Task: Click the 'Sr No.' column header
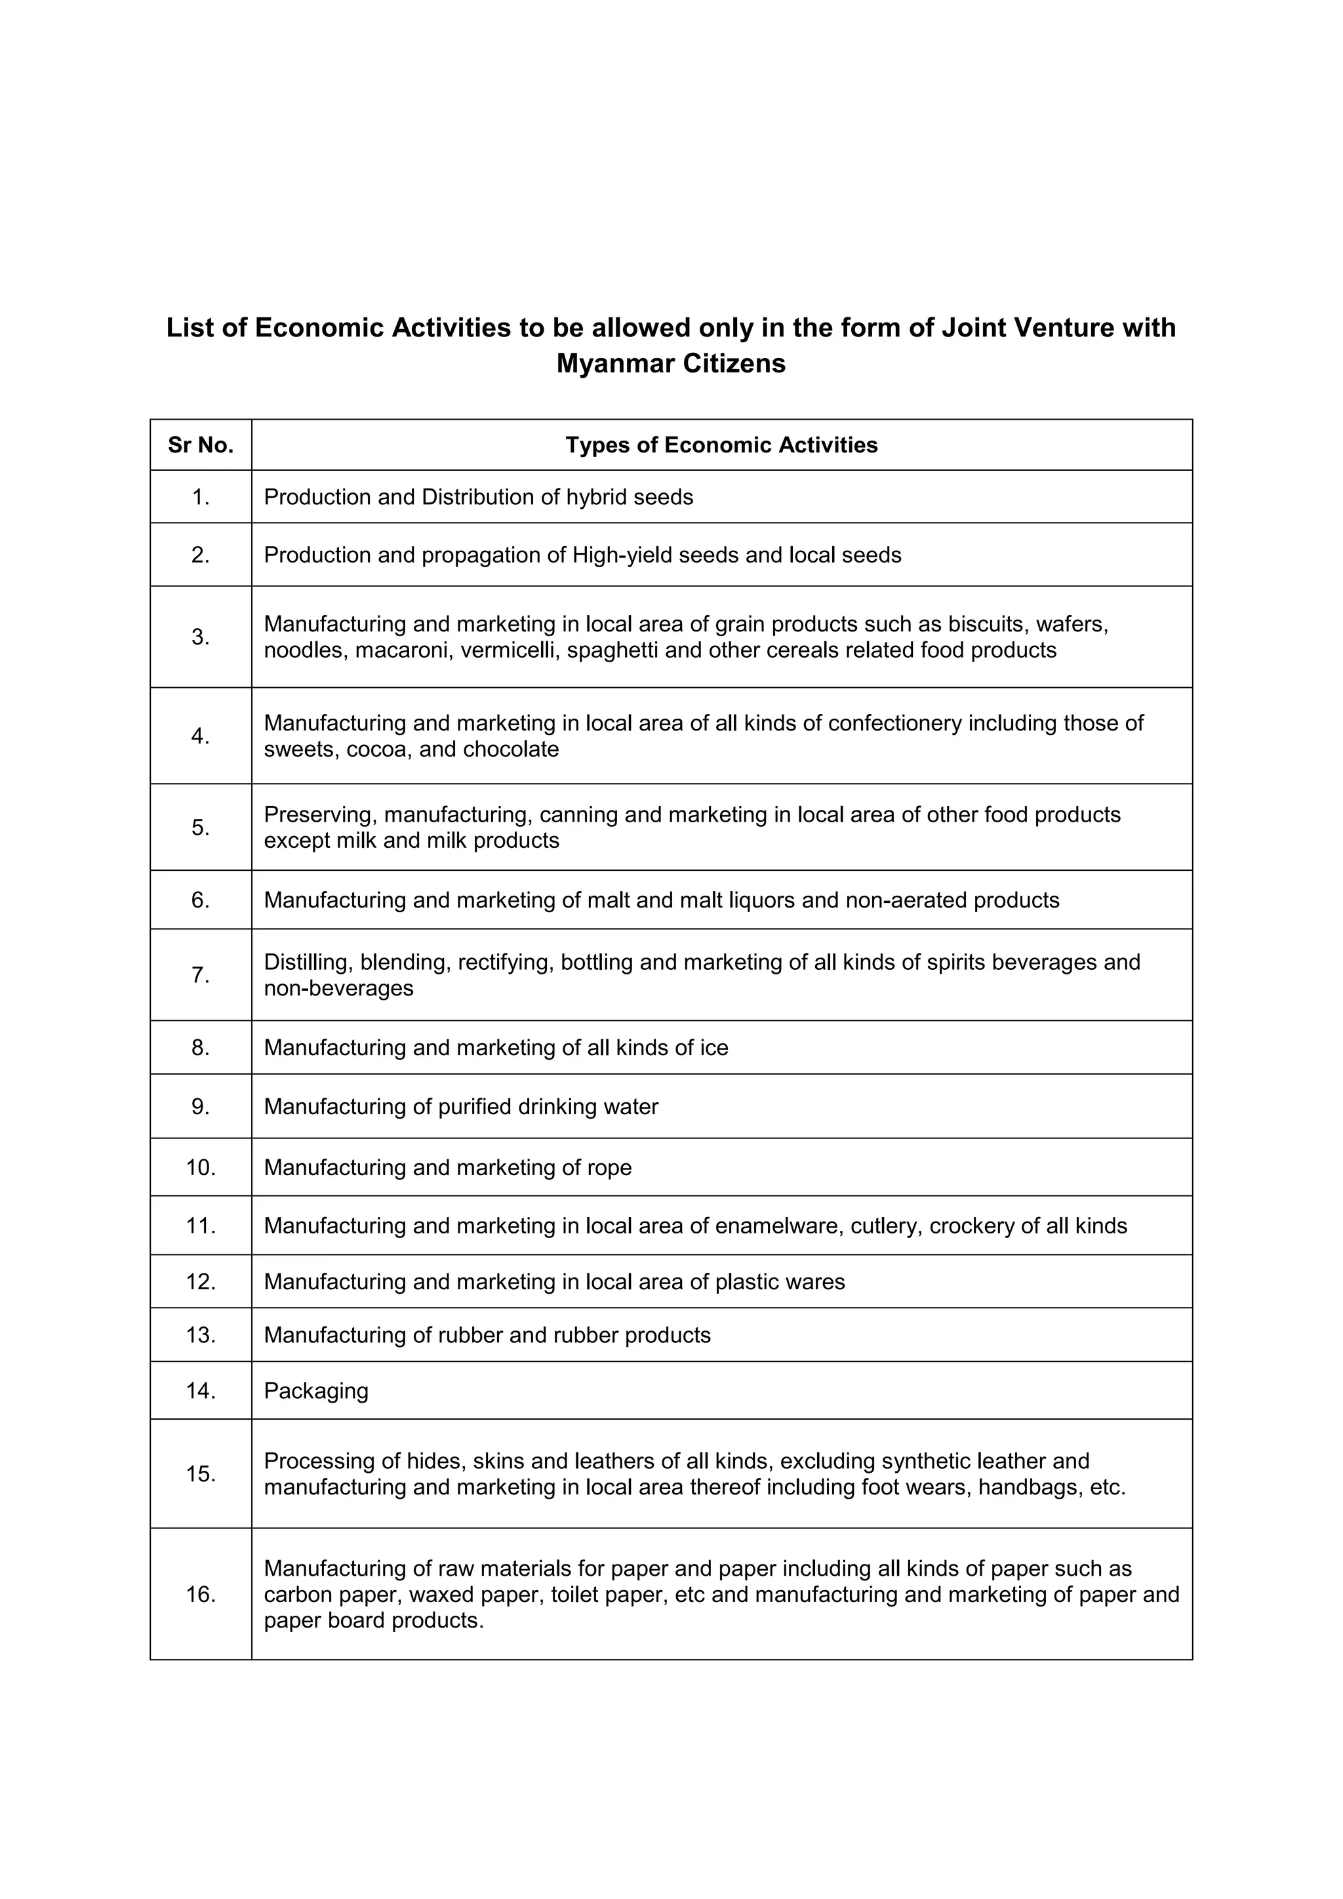[x=200, y=445]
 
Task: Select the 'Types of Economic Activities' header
[x=721, y=445]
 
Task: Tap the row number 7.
[x=200, y=975]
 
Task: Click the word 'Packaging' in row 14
[x=316, y=1390]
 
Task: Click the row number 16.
[x=200, y=1594]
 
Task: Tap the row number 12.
[x=200, y=1281]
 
